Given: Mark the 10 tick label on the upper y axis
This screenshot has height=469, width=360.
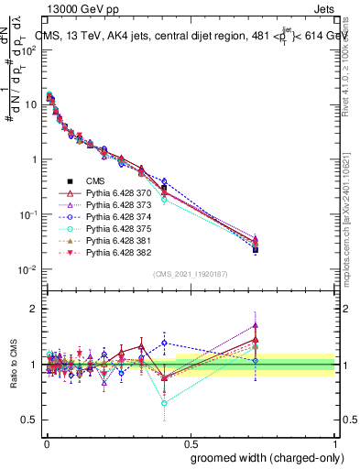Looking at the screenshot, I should [x=31, y=104].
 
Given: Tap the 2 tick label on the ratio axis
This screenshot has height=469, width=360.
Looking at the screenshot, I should [x=34, y=310].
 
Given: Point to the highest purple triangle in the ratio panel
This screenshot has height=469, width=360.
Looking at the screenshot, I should [x=256, y=324].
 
